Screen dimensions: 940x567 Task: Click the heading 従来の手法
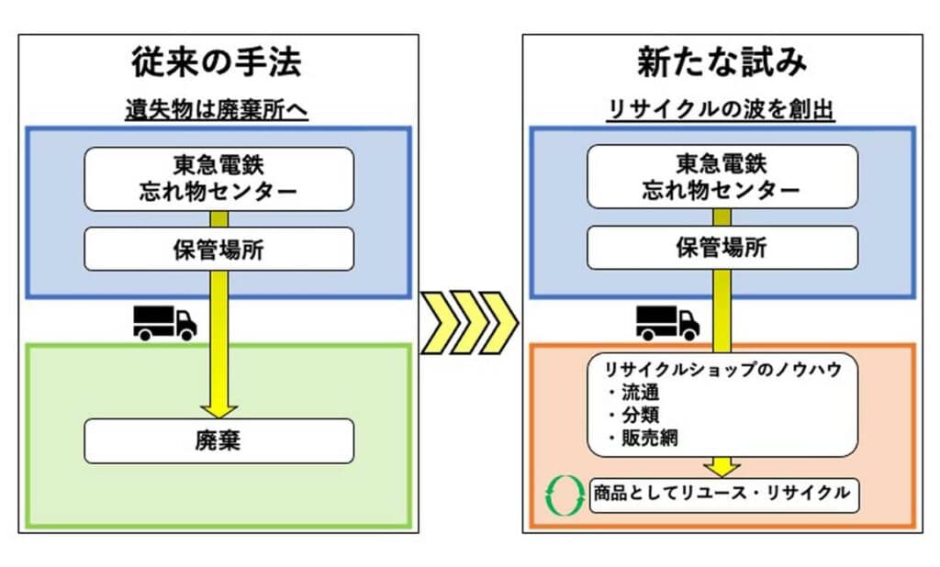217,62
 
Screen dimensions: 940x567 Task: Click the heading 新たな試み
722,62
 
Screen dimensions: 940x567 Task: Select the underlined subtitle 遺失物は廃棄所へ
217,110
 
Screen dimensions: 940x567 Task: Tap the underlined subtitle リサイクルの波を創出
722,110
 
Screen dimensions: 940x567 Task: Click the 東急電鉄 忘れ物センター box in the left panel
218,179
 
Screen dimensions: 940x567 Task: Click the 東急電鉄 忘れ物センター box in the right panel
722,177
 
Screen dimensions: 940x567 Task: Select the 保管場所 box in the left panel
218,250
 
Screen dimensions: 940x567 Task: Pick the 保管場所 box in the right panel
722,248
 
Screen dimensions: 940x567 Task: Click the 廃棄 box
218,441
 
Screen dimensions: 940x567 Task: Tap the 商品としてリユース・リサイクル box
724,495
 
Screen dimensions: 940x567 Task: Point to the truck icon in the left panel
165,324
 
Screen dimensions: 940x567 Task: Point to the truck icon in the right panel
668,324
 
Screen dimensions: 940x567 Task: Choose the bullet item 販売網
643,438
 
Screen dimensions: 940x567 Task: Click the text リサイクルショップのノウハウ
723,370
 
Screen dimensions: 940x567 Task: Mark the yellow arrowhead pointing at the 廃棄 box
219,411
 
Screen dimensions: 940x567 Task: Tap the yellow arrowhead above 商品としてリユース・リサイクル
722,468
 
